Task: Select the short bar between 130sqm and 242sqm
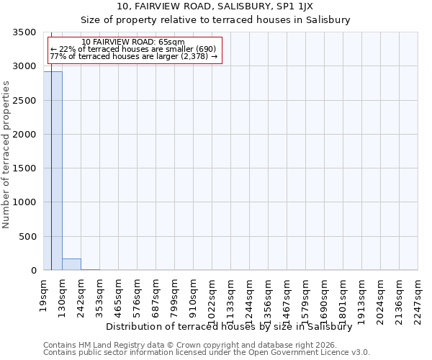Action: [x=71, y=264]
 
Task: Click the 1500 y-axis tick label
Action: [x=27, y=168]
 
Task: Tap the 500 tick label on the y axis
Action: [x=30, y=237]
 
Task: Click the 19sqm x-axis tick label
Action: [x=44, y=292]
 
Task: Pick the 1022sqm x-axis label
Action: [x=212, y=296]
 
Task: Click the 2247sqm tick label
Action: [x=418, y=296]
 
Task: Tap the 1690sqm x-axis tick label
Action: [x=325, y=296]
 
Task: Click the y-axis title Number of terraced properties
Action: [x=7, y=154]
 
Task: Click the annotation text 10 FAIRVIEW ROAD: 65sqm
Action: [x=134, y=42]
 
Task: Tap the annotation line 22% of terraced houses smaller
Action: [x=134, y=49]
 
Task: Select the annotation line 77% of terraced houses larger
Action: [x=134, y=56]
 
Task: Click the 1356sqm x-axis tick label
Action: [x=269, y=296]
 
